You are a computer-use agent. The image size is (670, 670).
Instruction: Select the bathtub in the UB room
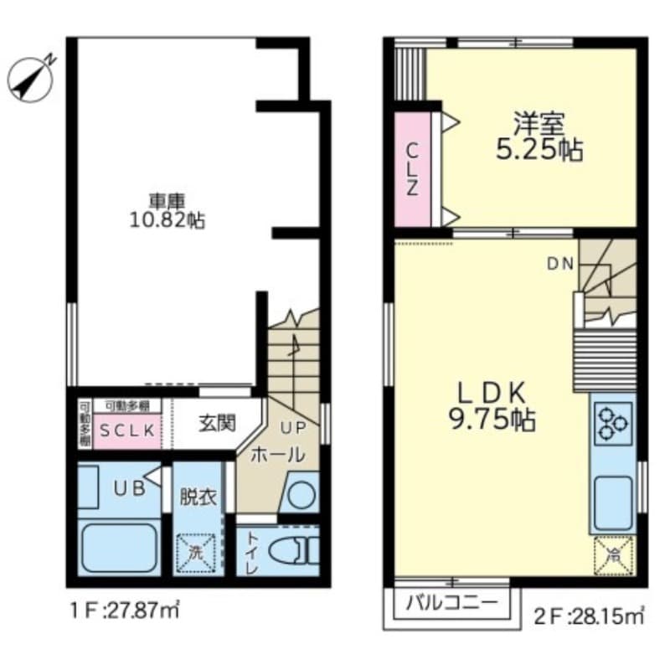coord(119,548)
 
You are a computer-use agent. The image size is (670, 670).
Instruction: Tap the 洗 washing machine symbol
coord(195,554)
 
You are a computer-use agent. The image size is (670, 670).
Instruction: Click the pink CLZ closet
coord(413,168)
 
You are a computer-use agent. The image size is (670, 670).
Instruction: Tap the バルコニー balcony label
coord(452,603)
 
